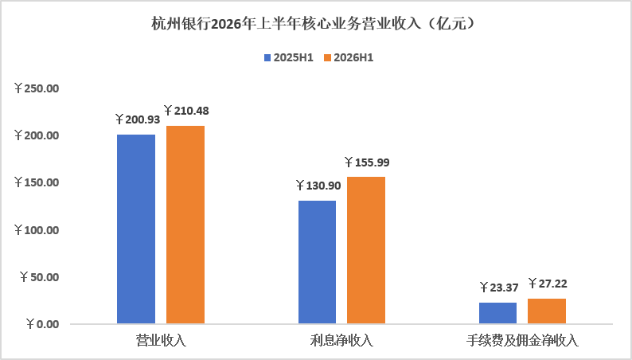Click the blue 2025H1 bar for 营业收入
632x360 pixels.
pos(136,229)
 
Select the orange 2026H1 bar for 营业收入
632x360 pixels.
pos(185,225)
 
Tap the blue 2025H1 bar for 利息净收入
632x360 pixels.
pos(318,262)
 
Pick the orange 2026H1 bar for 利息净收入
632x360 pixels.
pos(366,250)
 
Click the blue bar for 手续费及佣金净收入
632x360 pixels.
pos(497,313)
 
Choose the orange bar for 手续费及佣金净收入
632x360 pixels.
pos(547,311)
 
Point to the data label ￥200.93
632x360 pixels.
pos(138,119)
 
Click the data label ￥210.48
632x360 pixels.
pos(186,111)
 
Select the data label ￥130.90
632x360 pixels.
pos(318,186)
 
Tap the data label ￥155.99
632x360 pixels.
pos(367,162)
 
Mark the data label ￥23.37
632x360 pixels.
pos(499,288)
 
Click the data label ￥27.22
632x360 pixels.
pos(548,284)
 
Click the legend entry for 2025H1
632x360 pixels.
pos(289,57)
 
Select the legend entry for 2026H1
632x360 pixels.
pos(349,57)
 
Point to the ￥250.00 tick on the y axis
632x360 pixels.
pos(37,88)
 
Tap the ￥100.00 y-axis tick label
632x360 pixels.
pos(37,230)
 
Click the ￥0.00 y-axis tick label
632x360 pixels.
pos(43,323)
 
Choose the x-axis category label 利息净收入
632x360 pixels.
pos(341,341)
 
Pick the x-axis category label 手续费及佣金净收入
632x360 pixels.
pos(522,341)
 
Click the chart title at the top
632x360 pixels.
pos(315,24)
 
